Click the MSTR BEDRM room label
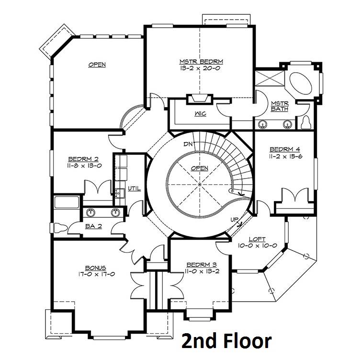click(201, 62)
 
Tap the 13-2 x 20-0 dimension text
click(200, 68)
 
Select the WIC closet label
click(200, 114)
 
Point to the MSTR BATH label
click(280, 106)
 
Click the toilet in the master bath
click(306, 123)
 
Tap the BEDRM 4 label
click(285, 149)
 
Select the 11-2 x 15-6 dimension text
click(285, 157)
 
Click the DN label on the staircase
click(188, 145)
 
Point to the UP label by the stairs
click(234, 220)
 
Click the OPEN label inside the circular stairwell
click(200, 168)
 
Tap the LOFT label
click(257, 239)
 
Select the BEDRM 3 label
click(202, 264)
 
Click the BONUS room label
click(96, 268)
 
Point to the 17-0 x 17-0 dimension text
click(97, 274)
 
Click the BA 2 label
click(93, 226)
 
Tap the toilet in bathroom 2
click(60, 228)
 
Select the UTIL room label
click(135, 189)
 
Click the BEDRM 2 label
click(83, 159)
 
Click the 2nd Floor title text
click(226, 341)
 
